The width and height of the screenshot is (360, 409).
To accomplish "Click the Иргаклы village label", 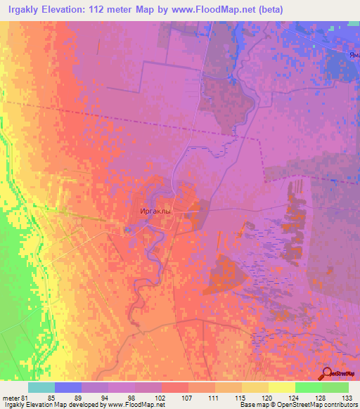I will tap(154, 210).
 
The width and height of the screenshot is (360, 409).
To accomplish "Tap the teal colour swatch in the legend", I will tap(41, 387).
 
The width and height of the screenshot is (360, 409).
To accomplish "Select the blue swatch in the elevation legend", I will tap(68, 387).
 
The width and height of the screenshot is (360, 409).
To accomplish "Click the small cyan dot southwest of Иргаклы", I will tap(127, 230).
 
